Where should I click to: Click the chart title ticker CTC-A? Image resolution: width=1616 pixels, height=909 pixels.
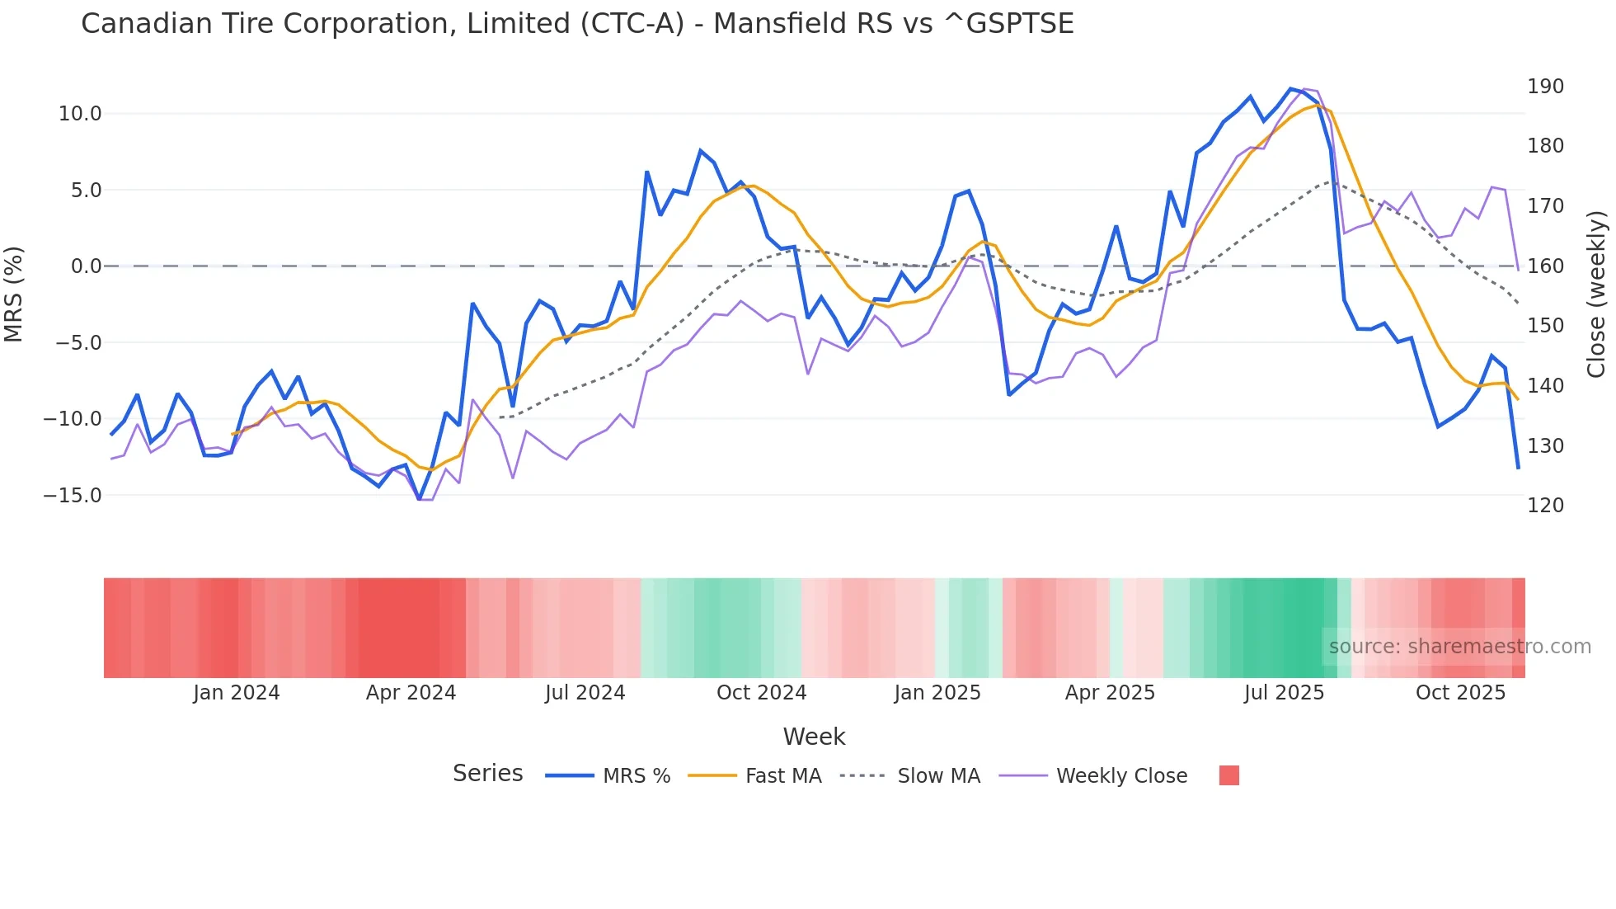(632, 24)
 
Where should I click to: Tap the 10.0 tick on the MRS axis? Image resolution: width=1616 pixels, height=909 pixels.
(80, 114)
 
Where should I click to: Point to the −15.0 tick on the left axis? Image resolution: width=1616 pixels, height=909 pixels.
(73, 496)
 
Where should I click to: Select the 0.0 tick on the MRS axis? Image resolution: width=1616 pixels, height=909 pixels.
(86, 266)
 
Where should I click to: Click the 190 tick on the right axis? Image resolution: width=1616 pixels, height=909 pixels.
(1545, 87)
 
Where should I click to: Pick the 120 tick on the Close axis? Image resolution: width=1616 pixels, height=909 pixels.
(1545, 506)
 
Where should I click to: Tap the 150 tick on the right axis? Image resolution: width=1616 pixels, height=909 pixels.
(1545, 326)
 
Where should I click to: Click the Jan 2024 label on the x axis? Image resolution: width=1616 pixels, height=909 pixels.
(237, 693)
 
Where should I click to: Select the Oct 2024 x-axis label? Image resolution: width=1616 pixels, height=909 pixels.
(761, 693)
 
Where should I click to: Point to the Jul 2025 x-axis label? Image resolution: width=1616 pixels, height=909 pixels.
(1284, 693)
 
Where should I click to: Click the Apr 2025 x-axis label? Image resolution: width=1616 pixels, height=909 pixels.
(1110, 693)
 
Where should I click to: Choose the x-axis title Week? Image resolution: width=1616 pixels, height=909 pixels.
(814, 737)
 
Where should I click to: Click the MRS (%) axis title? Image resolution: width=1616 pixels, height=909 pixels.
(14, 294)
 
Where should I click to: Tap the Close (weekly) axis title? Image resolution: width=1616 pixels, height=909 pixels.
(1596, 294)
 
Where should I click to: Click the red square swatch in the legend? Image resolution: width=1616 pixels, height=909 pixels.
(1228, 775)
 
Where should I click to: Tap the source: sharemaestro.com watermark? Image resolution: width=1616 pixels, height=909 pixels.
(1459, 647)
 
